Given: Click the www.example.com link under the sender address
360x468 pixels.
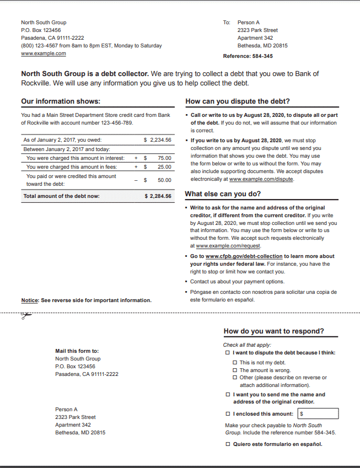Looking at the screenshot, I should pyautogui.click(x=43, y=53).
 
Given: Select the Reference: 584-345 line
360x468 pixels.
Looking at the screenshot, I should pyautogui.click(x=248, y=56).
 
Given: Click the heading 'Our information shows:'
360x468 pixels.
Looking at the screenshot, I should pyautogui.click(x=61, y=101).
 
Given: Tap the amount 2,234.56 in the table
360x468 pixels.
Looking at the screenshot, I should pyautogui.click(x=160, y=140).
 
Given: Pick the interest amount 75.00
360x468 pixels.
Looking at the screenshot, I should pyautogui.click(x=164, y=158).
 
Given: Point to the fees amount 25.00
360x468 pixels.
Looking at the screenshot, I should pyautogui.click(x=164, y=166).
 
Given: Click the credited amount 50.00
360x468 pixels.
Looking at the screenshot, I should pyautogui.click(x=164, y=180).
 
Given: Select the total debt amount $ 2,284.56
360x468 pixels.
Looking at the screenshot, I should pyautogui.click(x=158, y=196).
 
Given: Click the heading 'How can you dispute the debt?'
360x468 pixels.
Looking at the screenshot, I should pyautogui.click(x=238, y=101).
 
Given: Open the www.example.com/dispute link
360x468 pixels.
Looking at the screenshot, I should pyautogui.click(x=261, y=179).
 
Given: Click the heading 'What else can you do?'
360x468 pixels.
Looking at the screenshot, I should pyautogui.click(x=223, y=194).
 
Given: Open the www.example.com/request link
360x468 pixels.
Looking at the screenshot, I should pyautogui.click(x=228, y=246).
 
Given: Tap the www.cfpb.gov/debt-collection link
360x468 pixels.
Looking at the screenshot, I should pyautogui.click(x=244, y=256).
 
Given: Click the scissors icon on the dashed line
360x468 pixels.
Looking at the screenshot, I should pyautogui.click(x=25, y=316).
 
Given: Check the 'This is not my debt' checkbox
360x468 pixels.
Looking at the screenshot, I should pyautogui.click(x=235, y=363).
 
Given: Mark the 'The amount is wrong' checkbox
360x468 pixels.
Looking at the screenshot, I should pyautogui.click(x=235, y=370).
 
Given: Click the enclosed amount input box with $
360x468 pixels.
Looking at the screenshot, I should pyautogui.click(x=318, y=413).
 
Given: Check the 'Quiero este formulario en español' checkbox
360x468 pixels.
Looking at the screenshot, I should pyautogui.click(x=228, y=444).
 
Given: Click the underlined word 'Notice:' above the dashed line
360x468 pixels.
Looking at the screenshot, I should pyautogui.click(x=30, y=300).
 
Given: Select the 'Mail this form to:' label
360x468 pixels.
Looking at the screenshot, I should pyautogui.click(x=77, y=351).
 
